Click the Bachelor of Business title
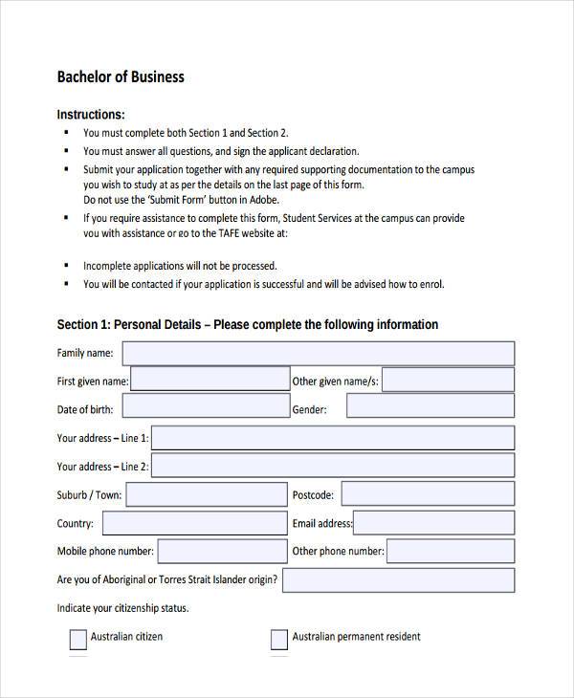[x=121, y=76]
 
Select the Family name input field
[x=318, y=354]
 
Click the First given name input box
[x=209, y=381]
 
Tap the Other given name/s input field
[x=448, y=381]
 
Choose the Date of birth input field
[x=205, y=408]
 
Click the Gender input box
[x=430, y=406]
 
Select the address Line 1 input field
[x=332, y=438]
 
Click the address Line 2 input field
[x=332, y=467]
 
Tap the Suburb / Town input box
[x=206, y=494]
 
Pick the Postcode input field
[x=428, y=494]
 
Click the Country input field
[x=194, y=523]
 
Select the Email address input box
[x=434, y=523]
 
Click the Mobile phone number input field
[x=222, y=551]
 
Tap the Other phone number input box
[x=450, y=551]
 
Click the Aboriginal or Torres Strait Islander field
[x=398, y=579]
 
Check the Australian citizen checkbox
[x=78, y=639]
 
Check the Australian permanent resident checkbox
[x=279, y=639]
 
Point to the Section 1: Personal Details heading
[x=247, y=325]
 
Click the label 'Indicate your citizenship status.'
[x=122, y=608]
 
